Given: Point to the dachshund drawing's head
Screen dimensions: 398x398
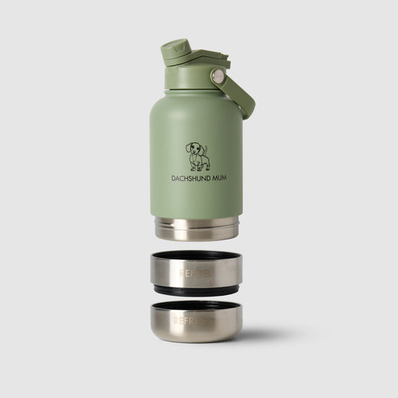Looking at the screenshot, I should tap(193, 148).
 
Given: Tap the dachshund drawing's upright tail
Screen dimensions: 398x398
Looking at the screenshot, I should tap(205, 149).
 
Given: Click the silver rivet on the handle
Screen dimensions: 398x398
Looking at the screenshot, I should tap(217, 75).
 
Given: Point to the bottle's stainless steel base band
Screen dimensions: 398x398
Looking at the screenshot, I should tap(196, 228).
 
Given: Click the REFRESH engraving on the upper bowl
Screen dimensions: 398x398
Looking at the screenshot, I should tap(196, 273).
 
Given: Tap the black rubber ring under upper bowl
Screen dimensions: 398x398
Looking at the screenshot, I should tap(196, 290).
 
